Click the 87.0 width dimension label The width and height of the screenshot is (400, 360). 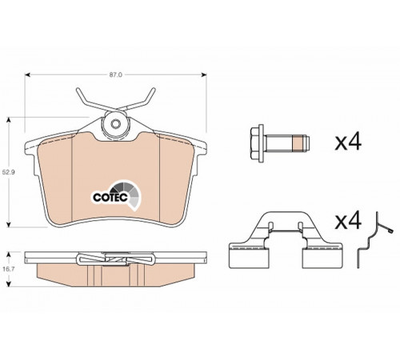[115, 75]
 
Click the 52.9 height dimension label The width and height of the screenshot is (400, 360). [9, 172]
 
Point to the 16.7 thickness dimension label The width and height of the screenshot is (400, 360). [9, 269]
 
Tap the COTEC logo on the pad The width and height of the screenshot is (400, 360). [117, 195]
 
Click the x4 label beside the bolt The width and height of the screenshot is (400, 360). [348, 142]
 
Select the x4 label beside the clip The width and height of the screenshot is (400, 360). [348, 221]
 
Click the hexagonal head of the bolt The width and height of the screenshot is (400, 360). [258, 143]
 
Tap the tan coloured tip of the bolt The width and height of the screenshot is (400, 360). [298, 143]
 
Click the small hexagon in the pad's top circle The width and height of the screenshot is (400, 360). [115, 124]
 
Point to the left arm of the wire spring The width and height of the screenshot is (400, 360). [90, 102]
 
